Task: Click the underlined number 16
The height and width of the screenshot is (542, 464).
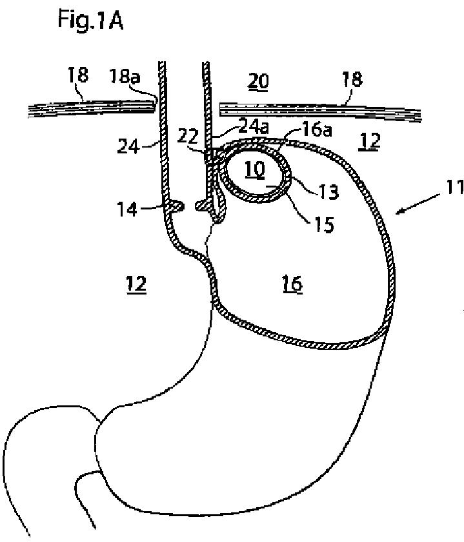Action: pyautogui.click(x=292, y=283)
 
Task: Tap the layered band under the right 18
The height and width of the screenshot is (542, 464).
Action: pyautogui.click(x=323, y=110)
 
